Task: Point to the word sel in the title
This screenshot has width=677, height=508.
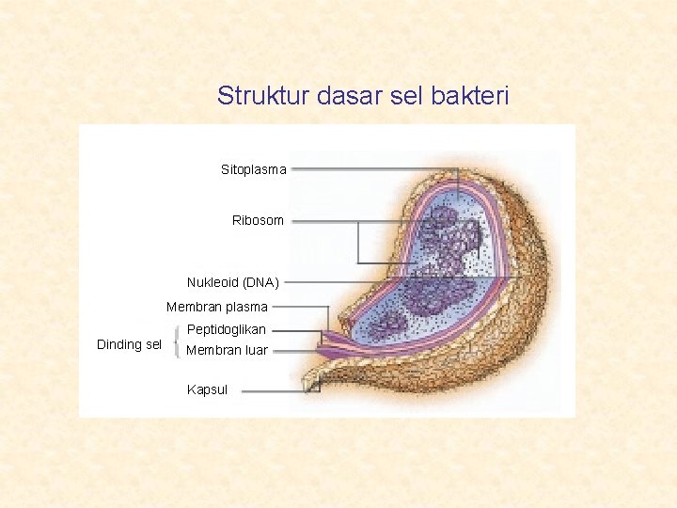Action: point(389,96)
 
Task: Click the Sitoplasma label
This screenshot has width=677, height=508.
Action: point(254,170)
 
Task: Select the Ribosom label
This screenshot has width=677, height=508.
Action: point(258,220)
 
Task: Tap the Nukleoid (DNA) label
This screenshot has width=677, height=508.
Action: point(232,282)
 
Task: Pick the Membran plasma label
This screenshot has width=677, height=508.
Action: point(217,307)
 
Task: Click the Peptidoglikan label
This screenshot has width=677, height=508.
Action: point(227,330)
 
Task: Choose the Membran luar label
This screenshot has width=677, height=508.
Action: point(228,351)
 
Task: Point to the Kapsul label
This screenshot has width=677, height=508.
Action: point(207,389)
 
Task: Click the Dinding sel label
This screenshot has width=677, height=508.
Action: point(130,344)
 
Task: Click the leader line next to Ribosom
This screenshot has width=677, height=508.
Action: point(324,221)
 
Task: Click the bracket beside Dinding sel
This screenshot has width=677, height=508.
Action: point(177,341)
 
